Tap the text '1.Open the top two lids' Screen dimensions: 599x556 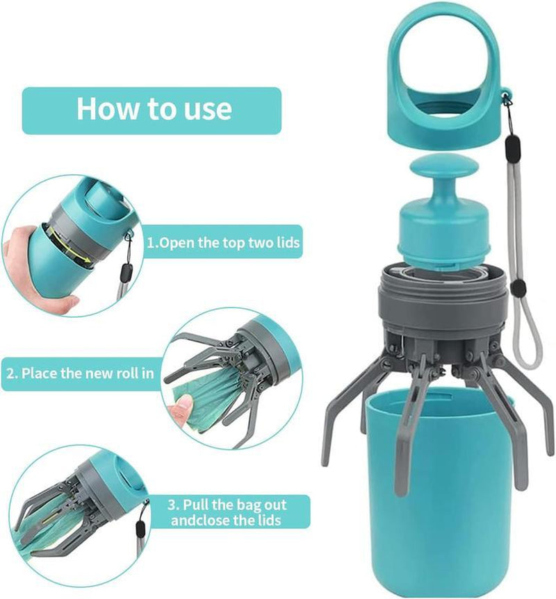pyautogui.click(x=223, y=244)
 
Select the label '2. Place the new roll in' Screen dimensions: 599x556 pyautogui.click(x=80, y=373)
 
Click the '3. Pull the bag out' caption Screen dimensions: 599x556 pyautogui.click(x=228, y=505)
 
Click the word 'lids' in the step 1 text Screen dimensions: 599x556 pyautogui.click(x=286, y=244)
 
